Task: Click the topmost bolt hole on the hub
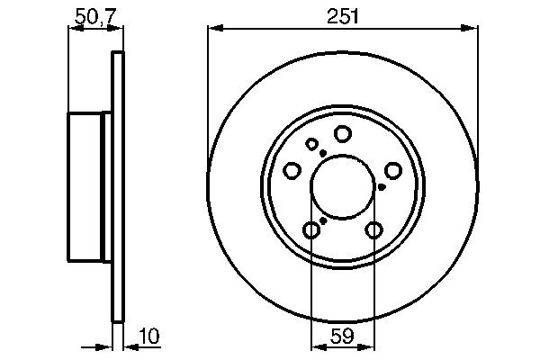click(342, 134)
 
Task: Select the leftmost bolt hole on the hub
click(292, 170)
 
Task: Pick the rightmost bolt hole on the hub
click(393, 170)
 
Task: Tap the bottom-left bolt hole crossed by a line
click(310, 230)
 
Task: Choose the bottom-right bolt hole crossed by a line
click(373, 230)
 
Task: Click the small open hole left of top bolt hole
click(312, 144)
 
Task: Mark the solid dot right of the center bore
click(382, 187)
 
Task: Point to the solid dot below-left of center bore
click(323, 220)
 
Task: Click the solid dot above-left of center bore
click(322, 153)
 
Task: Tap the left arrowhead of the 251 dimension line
click(213, 28)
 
